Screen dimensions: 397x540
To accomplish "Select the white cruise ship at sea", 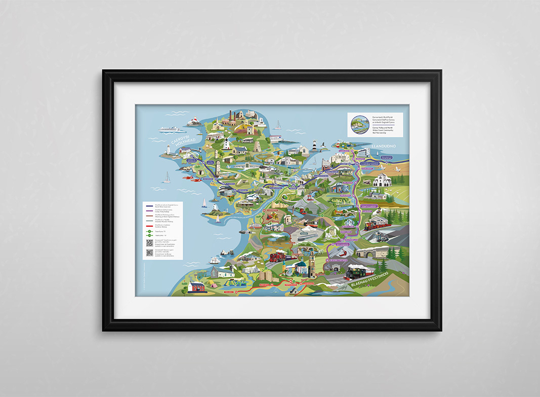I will coord(170,129).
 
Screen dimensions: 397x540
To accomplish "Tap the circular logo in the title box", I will coord(358,124).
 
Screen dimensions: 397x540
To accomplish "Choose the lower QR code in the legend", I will coord(150,252).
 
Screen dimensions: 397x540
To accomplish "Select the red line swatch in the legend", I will coord(150,226).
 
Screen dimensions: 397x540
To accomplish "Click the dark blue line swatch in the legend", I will coord(150,205).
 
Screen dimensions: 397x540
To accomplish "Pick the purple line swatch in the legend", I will coord(150,210).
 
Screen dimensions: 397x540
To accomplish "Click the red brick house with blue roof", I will coord(196,287).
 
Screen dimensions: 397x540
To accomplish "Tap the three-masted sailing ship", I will coord(215,259).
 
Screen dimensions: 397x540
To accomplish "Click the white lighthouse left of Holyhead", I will coord(167,150).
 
